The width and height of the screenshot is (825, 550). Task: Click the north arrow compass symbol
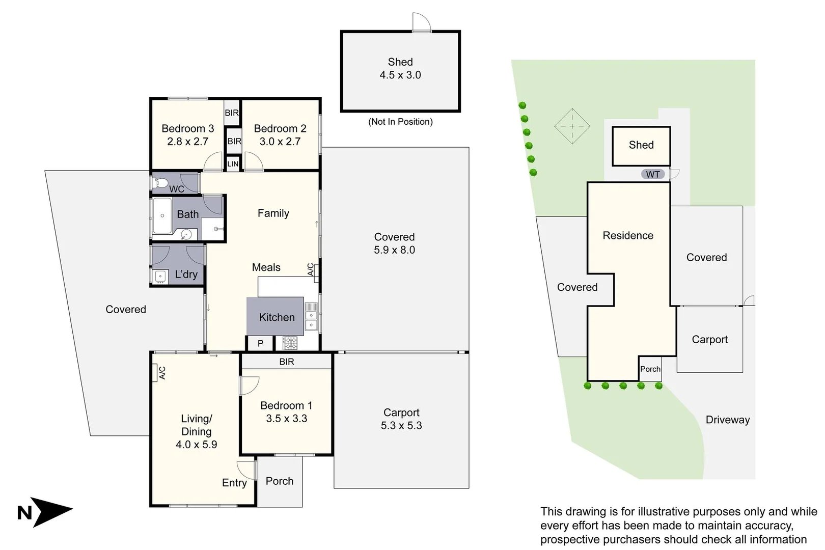click(51, 511)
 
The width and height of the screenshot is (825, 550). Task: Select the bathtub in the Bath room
click(162, 215)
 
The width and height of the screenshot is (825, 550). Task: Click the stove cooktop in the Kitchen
click(290, 343)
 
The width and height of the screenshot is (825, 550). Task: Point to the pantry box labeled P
click(260, 343)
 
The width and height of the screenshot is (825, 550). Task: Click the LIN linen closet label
click(233, 164)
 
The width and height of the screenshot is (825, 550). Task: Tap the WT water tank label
click(652, 174)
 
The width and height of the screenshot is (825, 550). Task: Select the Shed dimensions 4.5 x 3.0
click(400, 75)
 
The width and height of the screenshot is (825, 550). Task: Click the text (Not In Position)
click(400, 122)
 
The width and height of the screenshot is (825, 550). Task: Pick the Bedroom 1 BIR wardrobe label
click(286, 362)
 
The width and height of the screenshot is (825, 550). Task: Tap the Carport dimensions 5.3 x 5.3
click(401, 426)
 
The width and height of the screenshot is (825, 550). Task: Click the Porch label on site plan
click(650, 369)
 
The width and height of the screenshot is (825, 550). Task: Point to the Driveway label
click(727, 420)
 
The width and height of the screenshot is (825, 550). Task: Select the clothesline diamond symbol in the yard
click(572, 126)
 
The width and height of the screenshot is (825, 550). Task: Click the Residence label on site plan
click(627, 235)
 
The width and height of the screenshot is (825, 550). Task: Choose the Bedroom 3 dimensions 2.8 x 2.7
click(187, 142)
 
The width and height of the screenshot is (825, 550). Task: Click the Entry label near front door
click(234, 483)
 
